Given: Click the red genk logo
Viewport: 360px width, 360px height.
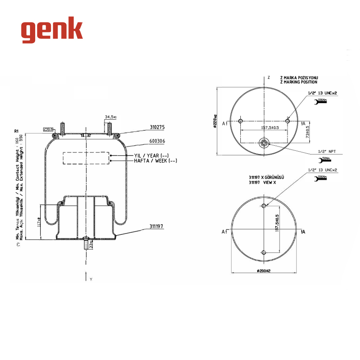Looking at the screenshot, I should (x=52, y=30).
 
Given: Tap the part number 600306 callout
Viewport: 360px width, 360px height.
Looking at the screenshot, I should (x=157, y=141).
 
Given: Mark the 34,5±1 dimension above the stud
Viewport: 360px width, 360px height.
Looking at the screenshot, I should (x=110, y=117).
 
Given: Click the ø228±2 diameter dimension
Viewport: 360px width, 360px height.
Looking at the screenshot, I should (x=215, y=120).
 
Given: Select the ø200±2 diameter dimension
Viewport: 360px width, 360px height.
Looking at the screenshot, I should (x=264, y=271).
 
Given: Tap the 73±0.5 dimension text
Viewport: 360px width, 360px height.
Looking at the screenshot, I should (x=308, y=132).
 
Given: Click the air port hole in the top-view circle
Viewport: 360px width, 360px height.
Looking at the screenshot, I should (x=264, y=143).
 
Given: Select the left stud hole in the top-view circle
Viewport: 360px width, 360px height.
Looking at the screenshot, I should (x=240, y=121).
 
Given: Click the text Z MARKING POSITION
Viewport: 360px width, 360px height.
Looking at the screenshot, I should (x=299, y=82).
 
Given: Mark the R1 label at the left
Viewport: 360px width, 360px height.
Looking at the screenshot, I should (x=16, y=131).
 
